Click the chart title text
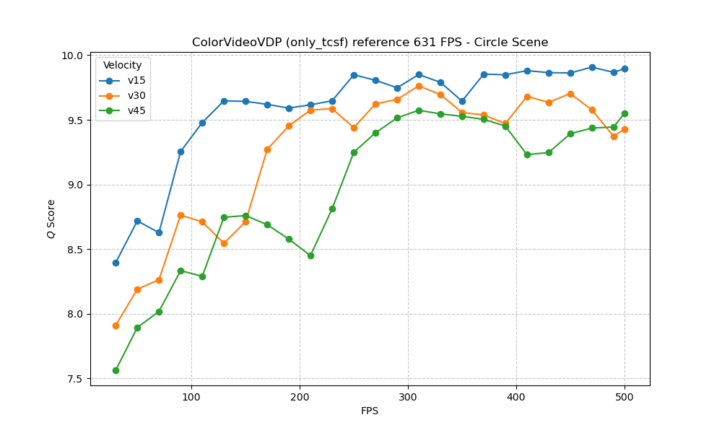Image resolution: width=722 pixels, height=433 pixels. coord(370,43)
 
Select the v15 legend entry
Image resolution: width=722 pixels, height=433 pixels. coord(136,80)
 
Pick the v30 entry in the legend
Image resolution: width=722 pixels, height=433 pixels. coord(136,95)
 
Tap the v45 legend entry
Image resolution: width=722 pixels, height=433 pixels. coord(136,110)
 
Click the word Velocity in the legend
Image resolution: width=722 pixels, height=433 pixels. coord(123,66)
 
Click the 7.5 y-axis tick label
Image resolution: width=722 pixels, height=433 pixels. coord(76,379)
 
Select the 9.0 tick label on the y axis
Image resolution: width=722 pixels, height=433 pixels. coord(76,185)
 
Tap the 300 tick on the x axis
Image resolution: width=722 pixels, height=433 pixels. coord(408,397)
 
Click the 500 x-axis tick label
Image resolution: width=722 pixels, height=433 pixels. coord(625,397)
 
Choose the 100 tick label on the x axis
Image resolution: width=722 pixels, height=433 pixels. coord(191,397)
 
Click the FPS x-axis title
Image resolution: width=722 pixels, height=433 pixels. coord(370,411)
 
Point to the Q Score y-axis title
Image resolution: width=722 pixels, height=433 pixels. coord(51,219)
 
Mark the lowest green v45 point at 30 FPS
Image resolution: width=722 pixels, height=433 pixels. coord(116,370)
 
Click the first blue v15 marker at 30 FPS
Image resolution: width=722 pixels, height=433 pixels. coord(116,263)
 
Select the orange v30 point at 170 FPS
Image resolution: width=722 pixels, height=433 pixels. coord(267,149)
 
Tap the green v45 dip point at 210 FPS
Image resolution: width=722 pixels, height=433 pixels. coord(310,255)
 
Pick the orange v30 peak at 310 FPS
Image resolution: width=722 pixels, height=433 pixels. coord(419,86)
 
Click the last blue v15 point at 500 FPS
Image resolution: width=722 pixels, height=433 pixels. coord(625,69)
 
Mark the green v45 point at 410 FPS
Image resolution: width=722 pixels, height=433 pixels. coord(527,154)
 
